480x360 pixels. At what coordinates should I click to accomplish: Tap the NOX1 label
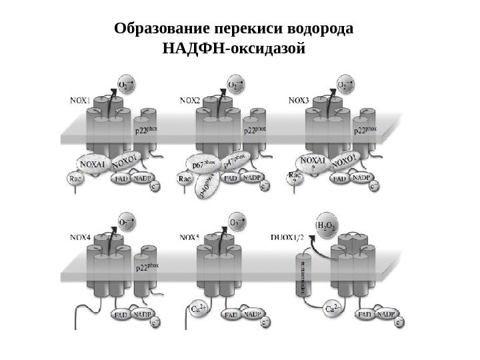[x=81, y=101]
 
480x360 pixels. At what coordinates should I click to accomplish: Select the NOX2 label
[x=190, y=101]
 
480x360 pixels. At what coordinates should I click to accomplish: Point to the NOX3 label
[x=299, y=101]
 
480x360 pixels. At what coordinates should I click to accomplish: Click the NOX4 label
[x=81, y=236]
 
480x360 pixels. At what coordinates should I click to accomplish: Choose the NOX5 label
[x=191, y=236]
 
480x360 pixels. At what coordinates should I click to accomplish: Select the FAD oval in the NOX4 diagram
[x=122, y=313]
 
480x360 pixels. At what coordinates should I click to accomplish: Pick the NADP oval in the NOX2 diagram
[x=251, y=177]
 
